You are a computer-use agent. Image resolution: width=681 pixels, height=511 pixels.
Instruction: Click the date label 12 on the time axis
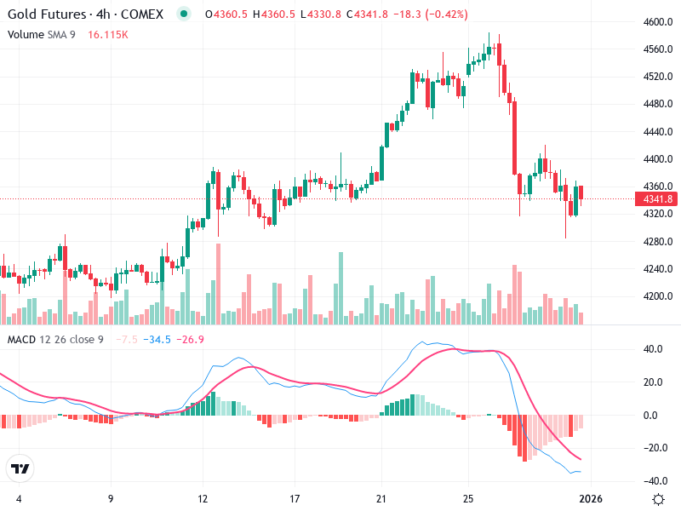pyautogui.click(x=203, y=499)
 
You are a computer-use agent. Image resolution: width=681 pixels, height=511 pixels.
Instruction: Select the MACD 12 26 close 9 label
pyautogui.click(x=55, y=340)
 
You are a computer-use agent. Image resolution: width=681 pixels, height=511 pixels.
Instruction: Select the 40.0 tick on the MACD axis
pyautogui.click(x=653, y=349)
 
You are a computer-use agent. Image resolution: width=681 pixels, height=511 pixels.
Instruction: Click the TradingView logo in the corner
pyautogui.click(x=20, y=468)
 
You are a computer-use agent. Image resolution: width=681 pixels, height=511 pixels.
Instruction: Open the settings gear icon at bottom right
pyautogui.click(x=657, y=499)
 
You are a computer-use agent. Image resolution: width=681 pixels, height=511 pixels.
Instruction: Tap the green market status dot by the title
pyautogui.click(x=182, y=14)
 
